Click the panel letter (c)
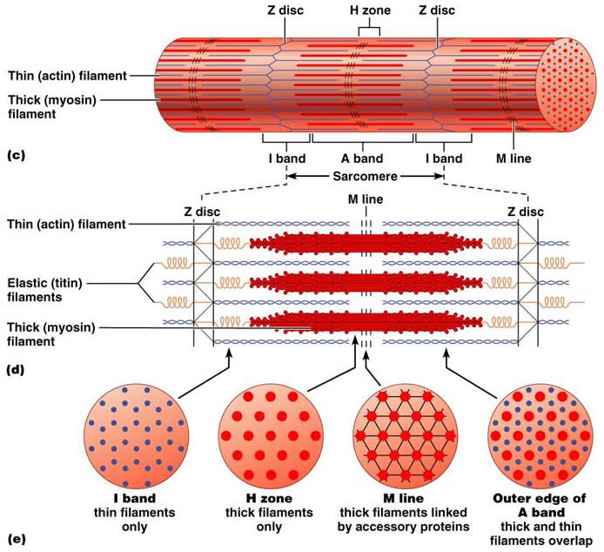coord(15,156)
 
